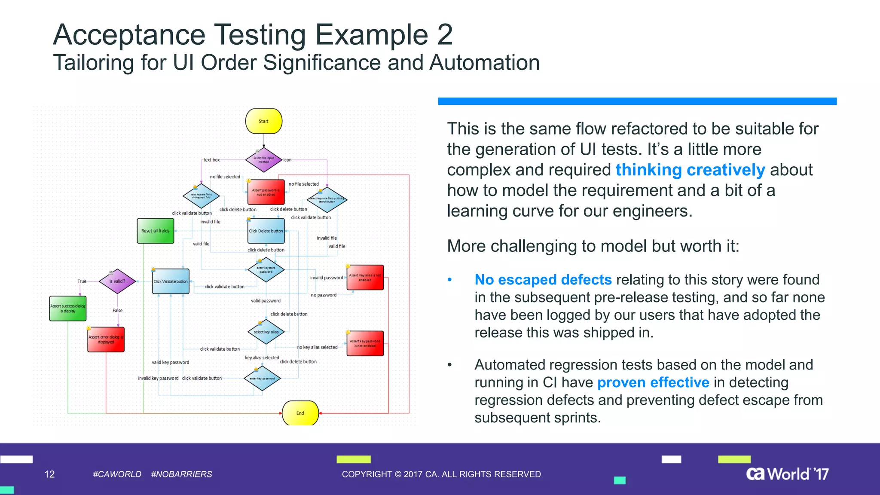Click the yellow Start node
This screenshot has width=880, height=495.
[x=263, y=121]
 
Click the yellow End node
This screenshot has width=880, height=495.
[x=300, y=413]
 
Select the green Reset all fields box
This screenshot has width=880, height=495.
[x=156, y=231]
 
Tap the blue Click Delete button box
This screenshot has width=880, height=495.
[x=266, y=231]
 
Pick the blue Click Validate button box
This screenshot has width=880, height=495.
[x=171, y=281]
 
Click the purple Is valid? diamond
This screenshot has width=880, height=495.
[x=117, y=281]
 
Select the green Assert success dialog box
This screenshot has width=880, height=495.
[x=68, y=309]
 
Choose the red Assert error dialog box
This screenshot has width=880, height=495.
[x=106, y=339]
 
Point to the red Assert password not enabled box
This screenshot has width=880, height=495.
[x=266, y=192]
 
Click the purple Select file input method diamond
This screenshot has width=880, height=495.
[x=263, y=160]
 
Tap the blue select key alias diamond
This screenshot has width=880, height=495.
[x=266, y=332]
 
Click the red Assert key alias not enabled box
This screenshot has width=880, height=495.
[x=365, y=278]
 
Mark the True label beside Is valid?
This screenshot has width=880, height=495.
[x=82, y=281]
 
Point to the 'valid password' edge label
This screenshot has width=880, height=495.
[x=266, y=301]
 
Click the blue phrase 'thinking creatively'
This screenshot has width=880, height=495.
[x=690, y=170]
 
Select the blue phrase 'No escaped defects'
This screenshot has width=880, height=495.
[x=543, y=280]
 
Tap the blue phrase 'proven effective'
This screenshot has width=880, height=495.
[x=653, y=382]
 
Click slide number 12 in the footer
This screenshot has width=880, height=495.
[x=49, y=474]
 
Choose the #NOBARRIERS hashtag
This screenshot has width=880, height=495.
[x=181, y=474]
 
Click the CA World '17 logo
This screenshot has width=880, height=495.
[x=787, y=474]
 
